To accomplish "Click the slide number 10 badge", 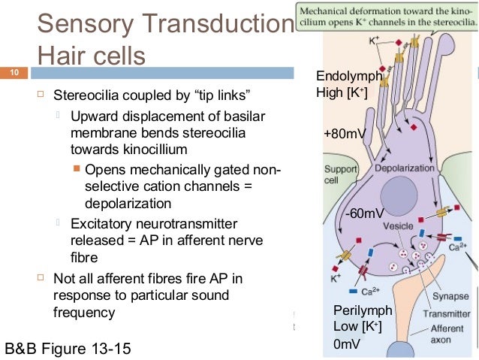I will (x=14, y=74).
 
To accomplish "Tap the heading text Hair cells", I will (x=91, y=56).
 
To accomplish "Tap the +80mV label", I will (x=345, y=134).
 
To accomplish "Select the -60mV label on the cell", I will (x=364, y=213).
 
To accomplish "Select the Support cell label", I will (x=339, y=175).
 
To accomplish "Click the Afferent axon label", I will (x=446, y=334).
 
